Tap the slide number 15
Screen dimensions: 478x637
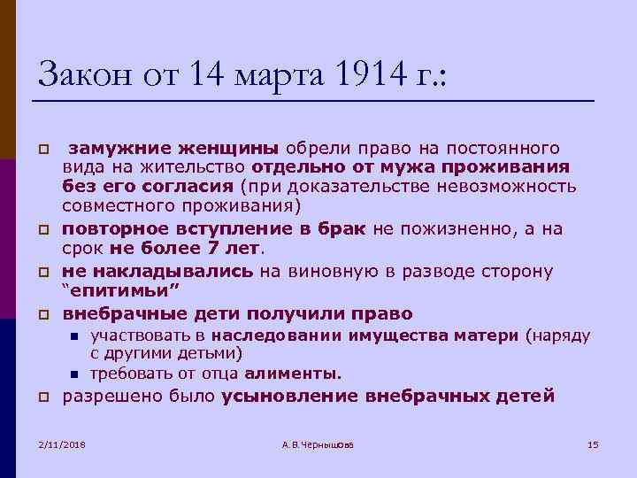click(x=593, y=443)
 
